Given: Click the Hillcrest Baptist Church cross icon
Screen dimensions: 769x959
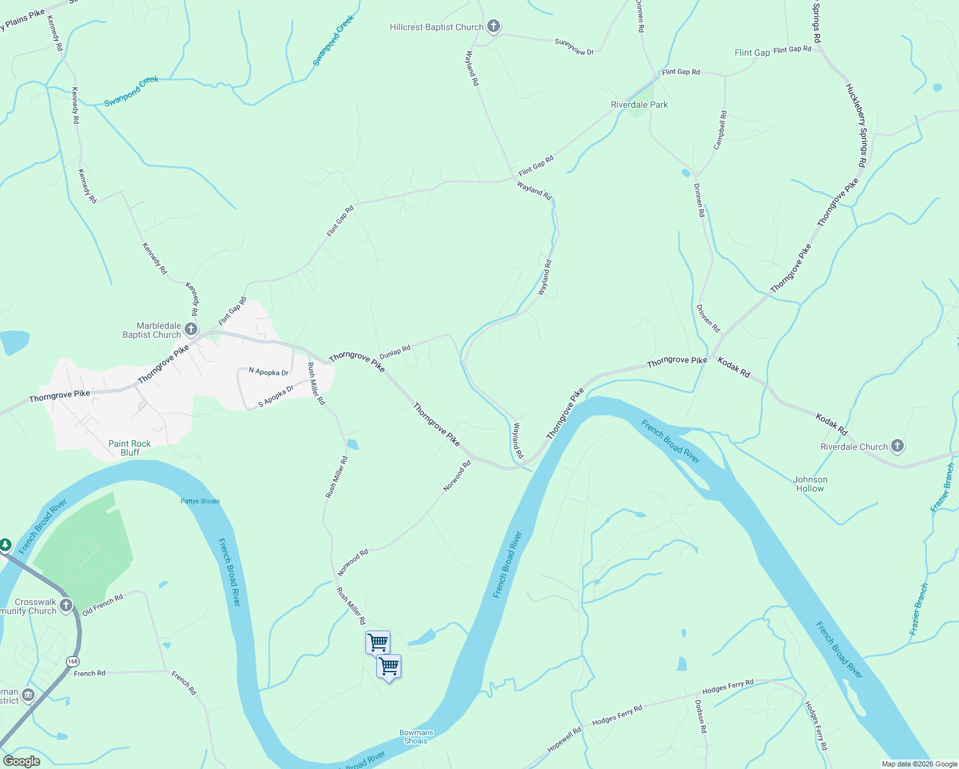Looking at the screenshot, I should click(x=493, y=26).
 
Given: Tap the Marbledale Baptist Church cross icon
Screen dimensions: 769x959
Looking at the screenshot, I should click(x=191, y=329).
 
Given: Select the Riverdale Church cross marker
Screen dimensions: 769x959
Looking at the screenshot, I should click(x=897, y=446).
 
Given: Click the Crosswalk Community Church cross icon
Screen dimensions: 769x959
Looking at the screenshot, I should click(x=65, y=605).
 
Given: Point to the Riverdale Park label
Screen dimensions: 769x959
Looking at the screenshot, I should click(x=639, y=104).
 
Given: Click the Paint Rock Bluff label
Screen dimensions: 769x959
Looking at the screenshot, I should click(x=129, y=448).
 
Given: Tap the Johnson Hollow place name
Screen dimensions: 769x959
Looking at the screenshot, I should click(x=810, y=484).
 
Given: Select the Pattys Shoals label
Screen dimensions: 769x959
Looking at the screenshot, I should click(x=200, y=501).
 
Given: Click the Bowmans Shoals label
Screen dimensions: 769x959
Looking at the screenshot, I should click(x=416, y=736).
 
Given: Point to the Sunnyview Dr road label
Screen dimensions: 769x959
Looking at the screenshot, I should click(x=574, y=47).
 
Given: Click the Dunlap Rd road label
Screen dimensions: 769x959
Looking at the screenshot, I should click(x=395, y=352).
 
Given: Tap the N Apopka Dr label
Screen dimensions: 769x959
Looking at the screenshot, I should click(x=269, y=372).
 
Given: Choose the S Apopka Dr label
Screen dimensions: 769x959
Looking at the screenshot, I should click(x=276, y=397).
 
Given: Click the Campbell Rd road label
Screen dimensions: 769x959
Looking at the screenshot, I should click(x=721, y=130).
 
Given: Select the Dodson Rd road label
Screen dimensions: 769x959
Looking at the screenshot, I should click(x=701, y=716).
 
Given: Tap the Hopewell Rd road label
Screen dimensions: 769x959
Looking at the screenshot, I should click(x=564, y=740).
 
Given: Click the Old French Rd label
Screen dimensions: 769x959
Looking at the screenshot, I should click(x=103, y=604).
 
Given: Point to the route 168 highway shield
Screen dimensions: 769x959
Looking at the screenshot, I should click(x=72, y=661).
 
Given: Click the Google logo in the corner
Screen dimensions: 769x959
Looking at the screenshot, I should click(x=21, y=761).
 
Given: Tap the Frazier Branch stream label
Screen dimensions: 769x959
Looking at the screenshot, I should click(x=919, y=609).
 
